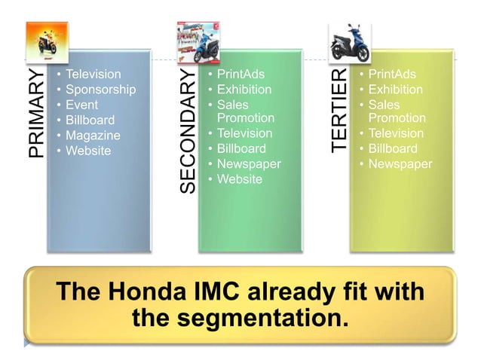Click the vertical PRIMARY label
(37, 114)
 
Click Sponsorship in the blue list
(100, 90)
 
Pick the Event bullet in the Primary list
(81, 105)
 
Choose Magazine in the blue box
(93, 136)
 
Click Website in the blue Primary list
(88, 151)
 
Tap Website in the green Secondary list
(239, 179)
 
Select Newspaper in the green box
(248, 164)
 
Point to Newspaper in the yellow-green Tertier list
(400, 164)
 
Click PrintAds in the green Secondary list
(241, 75)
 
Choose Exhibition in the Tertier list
(396, 90)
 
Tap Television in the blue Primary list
(93, 75)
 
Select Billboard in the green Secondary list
(241, 149)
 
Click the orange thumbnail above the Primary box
(47, 42)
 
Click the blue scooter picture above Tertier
(349, 42)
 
